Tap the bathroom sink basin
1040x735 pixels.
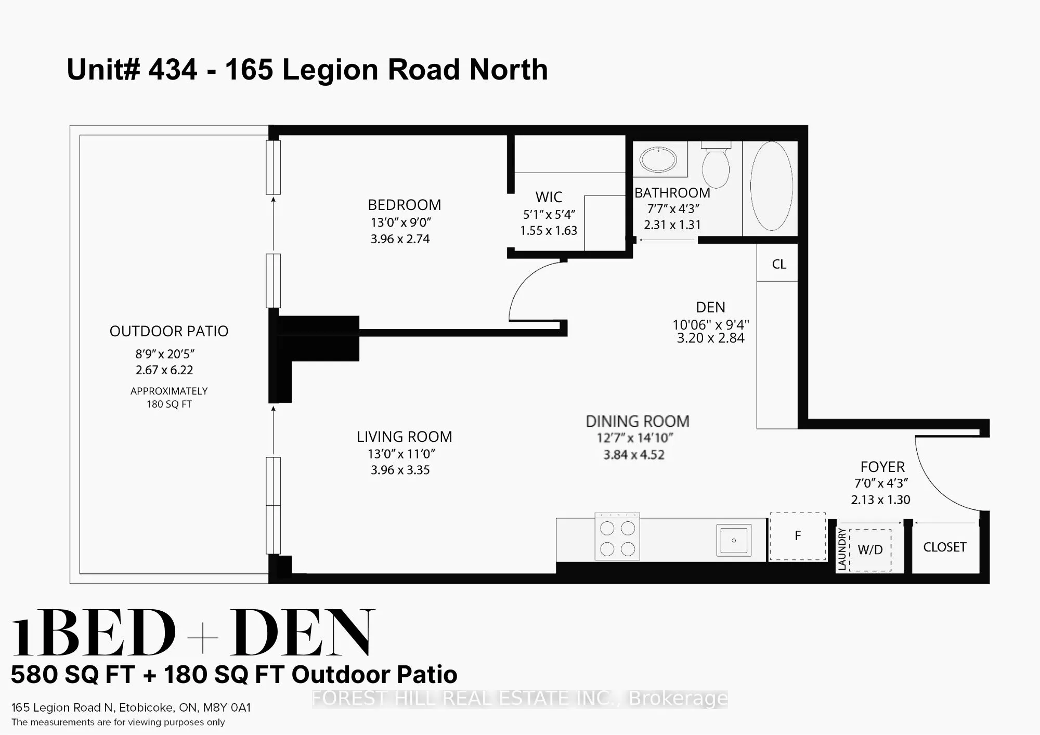pyautogui.click(x=658, y=159)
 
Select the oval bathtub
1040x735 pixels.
pyautogui.click(x=771, y=186)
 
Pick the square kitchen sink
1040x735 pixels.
pyautogui.click(x=734, y=540)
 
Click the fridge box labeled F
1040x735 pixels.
pyautogui.click(x=798, y=536)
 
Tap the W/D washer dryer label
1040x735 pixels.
pyautogui.click(x=870, y=549)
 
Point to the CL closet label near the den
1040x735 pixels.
pyautogui.click(x=778, y=265)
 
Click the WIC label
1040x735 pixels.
pyautogui.click(x=549, y=197)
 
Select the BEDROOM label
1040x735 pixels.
pyautogui.click(x=404, y=205)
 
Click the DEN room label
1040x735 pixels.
pyautogui.click(x=710, y=307)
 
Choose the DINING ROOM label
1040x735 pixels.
pyautogui.click(x=638, y=421)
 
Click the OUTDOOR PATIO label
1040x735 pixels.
pyautogui.click(x=168, y=331)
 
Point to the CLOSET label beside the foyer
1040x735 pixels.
pyautogui.click(x=944, y=547)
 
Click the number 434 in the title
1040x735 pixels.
pyautogui.click(x=173, y=70)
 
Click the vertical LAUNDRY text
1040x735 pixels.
pyautogui.click(x=842, y=549)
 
